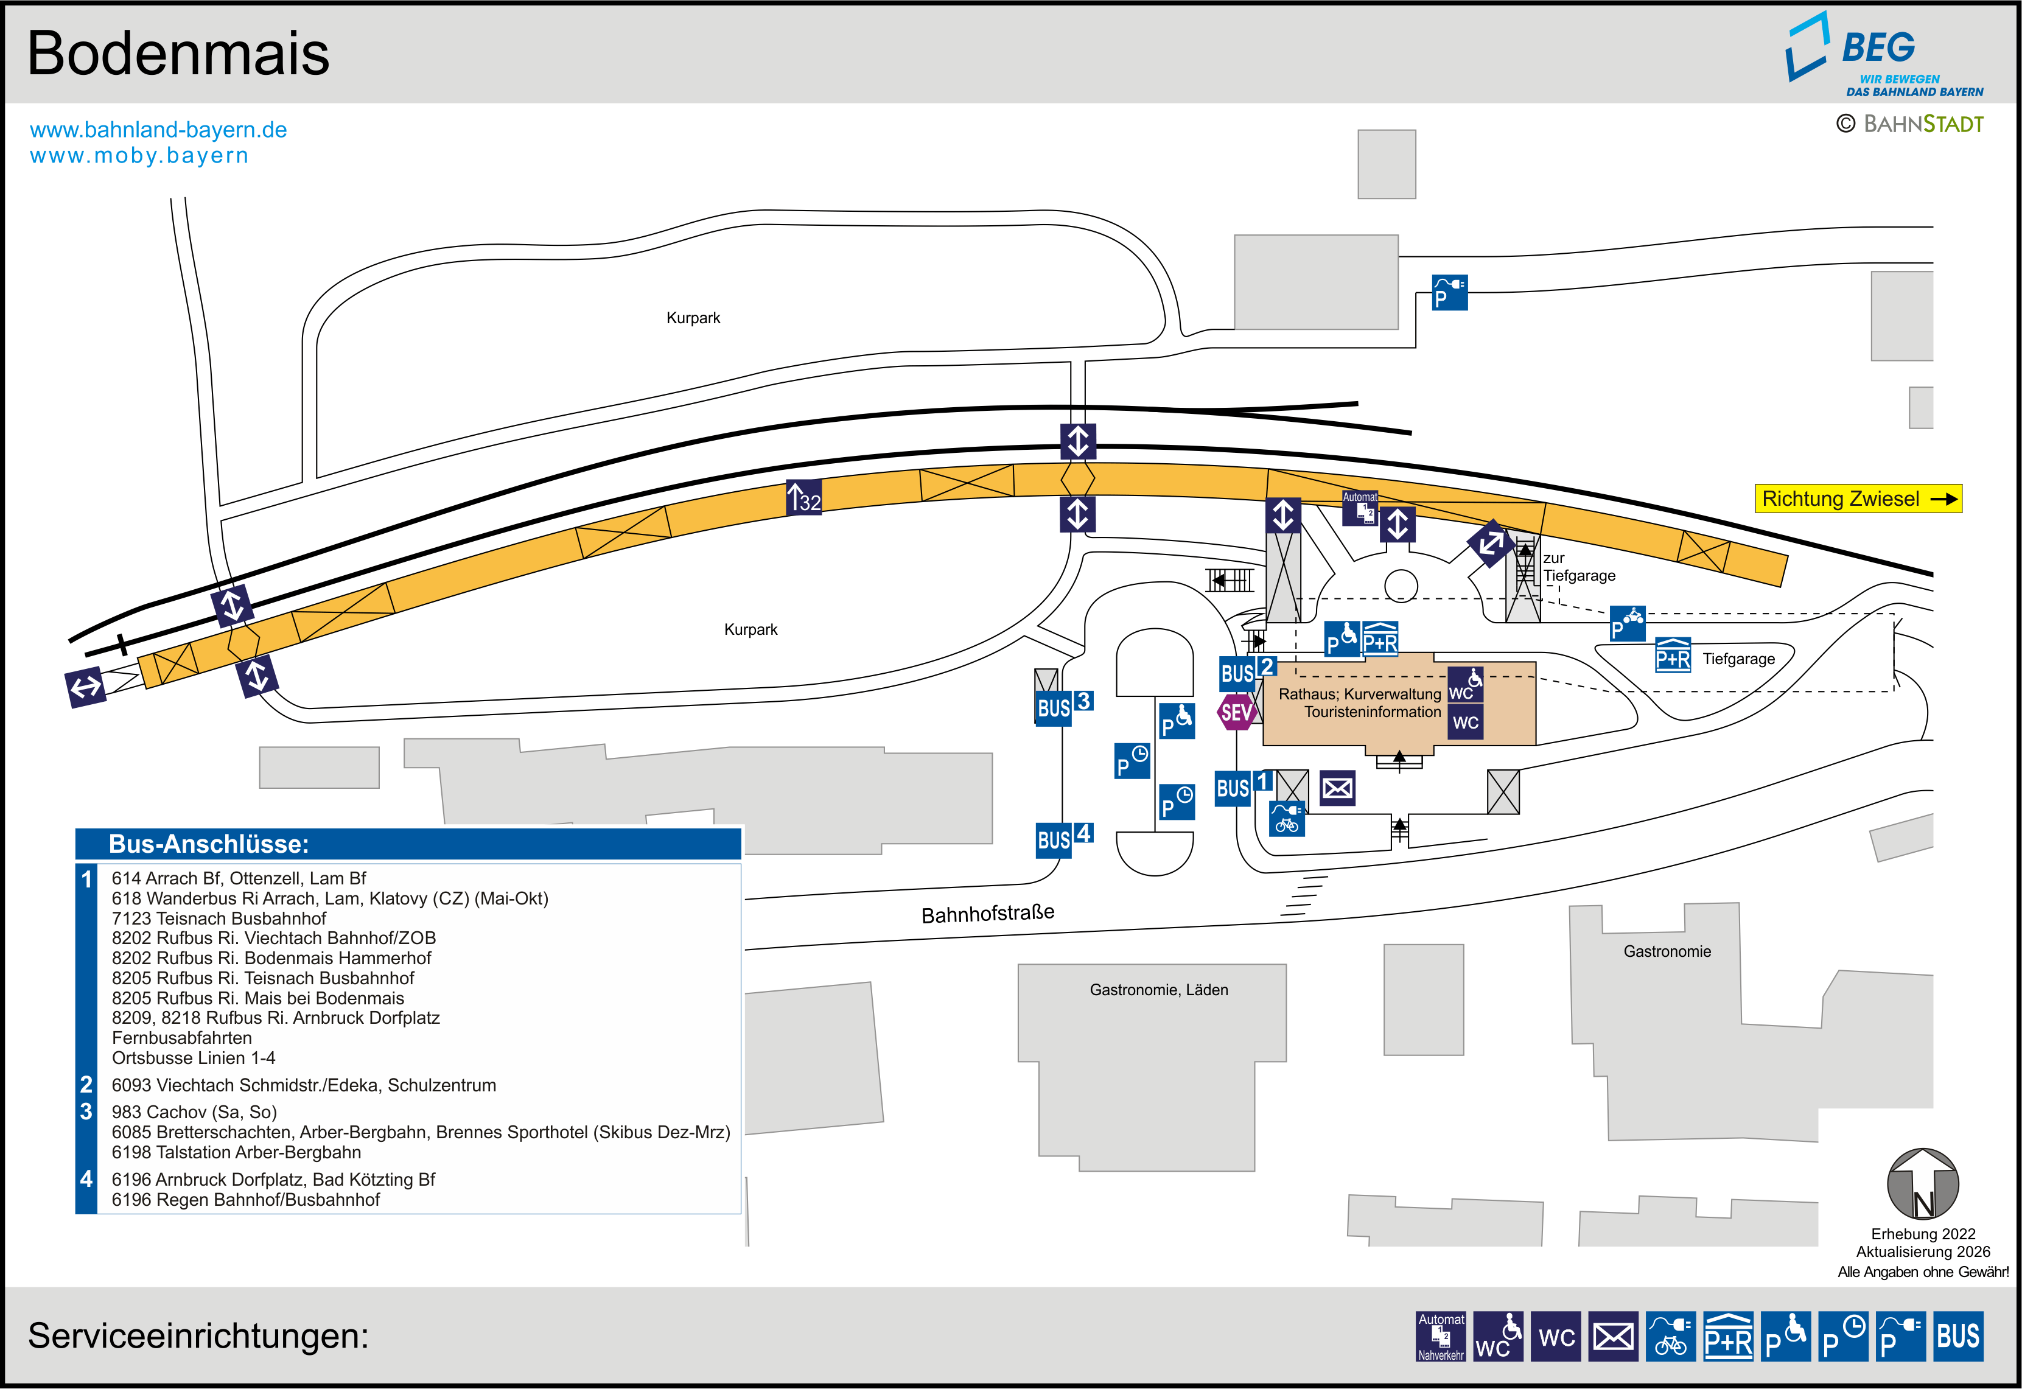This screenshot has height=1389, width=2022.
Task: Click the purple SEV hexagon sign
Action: coord(1236,713)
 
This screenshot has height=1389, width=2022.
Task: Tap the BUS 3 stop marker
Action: coord(1064,706)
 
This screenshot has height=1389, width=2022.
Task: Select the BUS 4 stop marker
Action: coord(1064,838)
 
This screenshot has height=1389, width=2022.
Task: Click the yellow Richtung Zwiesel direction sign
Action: coord(1858,499)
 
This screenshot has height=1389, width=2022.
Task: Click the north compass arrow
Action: coord(1923,1184)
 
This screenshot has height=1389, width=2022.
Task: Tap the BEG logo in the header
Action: coord(1884,54)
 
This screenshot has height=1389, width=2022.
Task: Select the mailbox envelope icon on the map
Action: coord(1337,788)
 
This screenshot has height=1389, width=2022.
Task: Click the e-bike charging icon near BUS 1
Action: coord(1287,819)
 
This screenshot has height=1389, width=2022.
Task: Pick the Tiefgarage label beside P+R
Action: coord(1738,659)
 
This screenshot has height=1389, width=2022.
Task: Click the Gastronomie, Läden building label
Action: coord(1159,990)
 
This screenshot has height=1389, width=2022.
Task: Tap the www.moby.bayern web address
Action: coord(139,156)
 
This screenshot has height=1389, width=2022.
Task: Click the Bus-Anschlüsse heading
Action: coord(209,844)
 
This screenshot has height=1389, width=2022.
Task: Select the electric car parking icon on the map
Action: coord(1449,292)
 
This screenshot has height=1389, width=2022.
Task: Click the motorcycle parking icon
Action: coord(1627,623)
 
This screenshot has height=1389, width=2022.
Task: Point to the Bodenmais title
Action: coord(178,53)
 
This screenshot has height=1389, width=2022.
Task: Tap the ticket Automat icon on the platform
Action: coord(1360,508)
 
